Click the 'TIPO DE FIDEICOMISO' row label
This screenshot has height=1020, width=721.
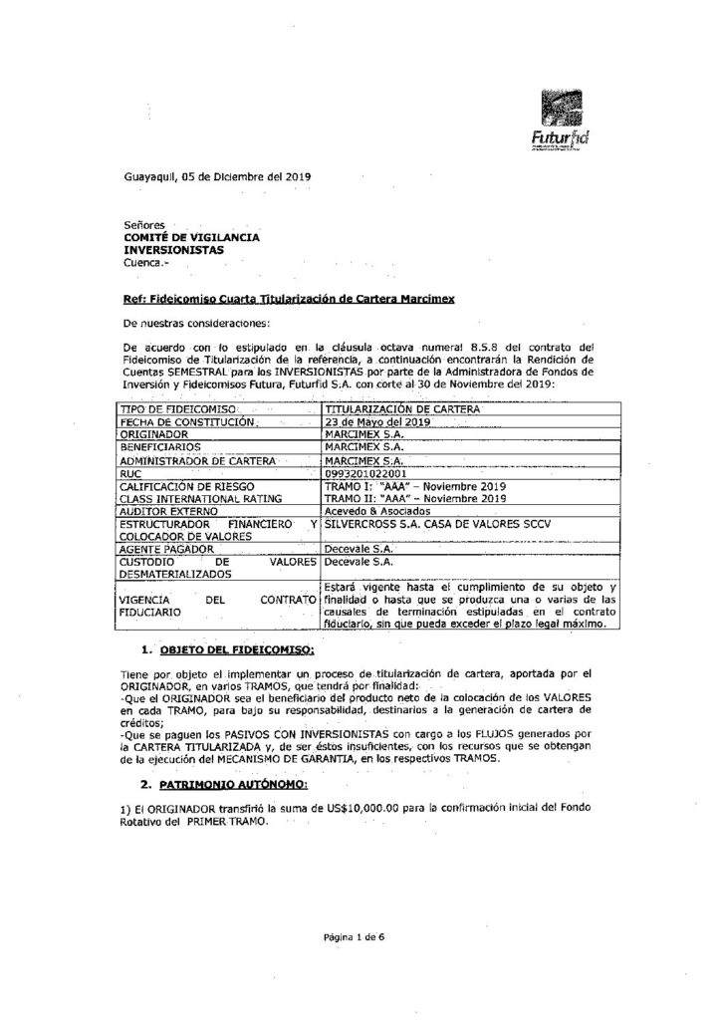click(177, 409)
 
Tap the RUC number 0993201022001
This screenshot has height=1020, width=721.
click(367, 475)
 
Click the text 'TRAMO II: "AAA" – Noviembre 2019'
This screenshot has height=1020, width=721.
click(415, 498)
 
